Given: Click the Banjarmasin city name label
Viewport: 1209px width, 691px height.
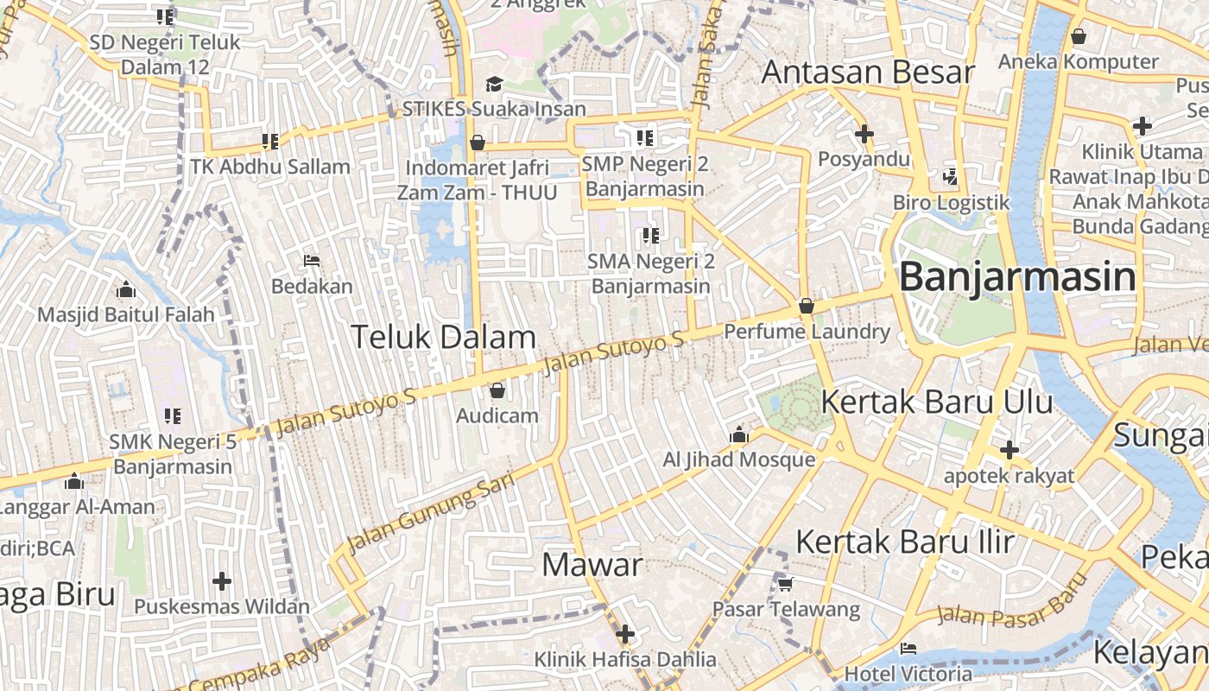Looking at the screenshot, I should [1017, 278].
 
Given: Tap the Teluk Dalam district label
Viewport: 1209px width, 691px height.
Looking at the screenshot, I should [443, 337].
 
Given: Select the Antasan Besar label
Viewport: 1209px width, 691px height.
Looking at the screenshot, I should [867, 73].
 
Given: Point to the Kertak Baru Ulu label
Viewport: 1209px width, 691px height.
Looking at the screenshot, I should [936, 403].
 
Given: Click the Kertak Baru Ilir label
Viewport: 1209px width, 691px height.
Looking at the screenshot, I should [904, 542].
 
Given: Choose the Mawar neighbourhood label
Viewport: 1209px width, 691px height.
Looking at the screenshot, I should [592, 566].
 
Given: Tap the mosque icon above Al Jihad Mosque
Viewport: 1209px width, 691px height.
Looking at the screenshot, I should [738, 435].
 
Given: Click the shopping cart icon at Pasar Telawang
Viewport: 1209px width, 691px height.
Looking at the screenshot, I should [785, 585].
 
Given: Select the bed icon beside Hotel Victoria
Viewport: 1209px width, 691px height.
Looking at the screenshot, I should [908, 649].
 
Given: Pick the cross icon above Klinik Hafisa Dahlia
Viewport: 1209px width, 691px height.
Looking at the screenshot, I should [624, 635].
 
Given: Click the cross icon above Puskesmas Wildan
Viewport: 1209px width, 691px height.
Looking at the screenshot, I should [222, 581].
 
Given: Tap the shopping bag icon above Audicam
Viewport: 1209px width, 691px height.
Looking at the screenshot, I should [497, 391].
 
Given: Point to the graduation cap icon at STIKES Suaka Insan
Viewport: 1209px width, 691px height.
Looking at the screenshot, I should [494, 84].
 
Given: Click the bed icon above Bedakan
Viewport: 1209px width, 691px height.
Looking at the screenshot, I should [312, 261].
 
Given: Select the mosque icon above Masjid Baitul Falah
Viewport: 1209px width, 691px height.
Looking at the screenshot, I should [125, 289].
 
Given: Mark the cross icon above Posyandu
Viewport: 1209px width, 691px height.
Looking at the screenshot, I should [864, 134].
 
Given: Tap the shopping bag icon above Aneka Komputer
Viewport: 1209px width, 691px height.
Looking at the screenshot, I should [1078, 37].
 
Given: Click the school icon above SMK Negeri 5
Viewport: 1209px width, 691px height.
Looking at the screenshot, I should [173, 416].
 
